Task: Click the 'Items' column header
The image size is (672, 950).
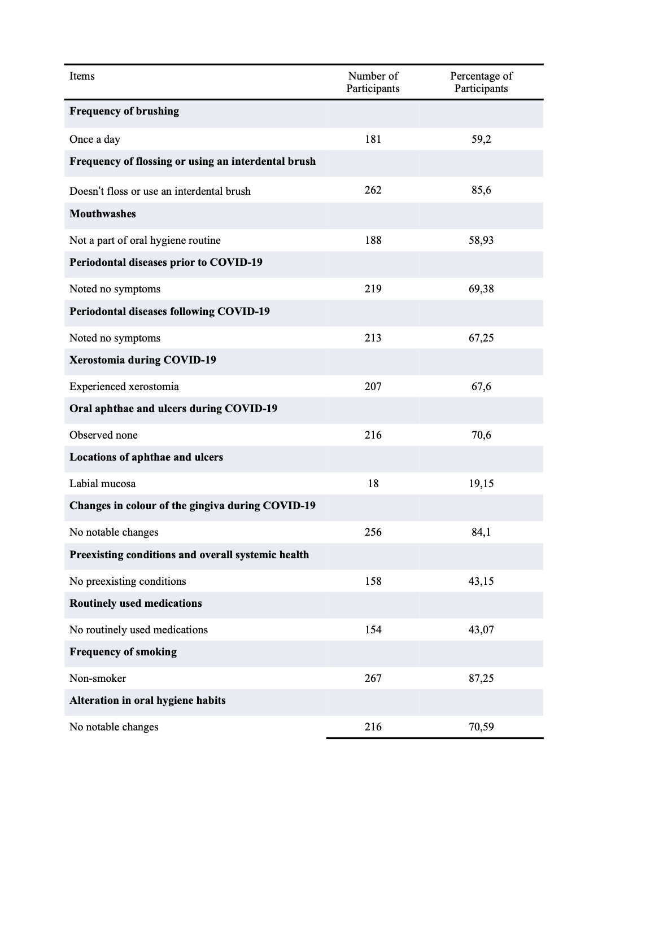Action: tap(82, 76)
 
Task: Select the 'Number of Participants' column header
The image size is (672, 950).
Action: tap(373, 82)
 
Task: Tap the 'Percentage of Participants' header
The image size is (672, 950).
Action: tap(481, 82)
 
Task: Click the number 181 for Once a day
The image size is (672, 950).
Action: tap(373, 139)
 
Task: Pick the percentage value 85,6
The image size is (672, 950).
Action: tap(481, 190)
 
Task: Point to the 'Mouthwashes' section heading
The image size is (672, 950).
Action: tap(103, 214)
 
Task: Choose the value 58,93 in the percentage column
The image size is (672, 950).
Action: tap(481, 240)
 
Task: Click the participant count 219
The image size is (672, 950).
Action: tap(373, 289)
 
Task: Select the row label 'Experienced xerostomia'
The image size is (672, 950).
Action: tap(124, 387)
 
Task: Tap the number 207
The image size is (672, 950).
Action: tap(373, 387)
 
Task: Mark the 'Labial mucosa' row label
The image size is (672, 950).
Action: tap(102, 484)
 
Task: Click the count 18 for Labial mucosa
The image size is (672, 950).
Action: tap(373, 484)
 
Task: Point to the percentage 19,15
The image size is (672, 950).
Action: tap(481, 484)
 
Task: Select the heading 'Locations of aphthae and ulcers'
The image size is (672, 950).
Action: tap(146, 457)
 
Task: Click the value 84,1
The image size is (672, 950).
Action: tap(481, 532)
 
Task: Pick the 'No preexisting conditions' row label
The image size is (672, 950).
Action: tap(128, 581)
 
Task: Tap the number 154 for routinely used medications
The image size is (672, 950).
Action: tap(373, 630)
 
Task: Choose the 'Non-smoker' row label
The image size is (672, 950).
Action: tap(98, 678)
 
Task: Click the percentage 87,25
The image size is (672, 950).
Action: tap(481, 678)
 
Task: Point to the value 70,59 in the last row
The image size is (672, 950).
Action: tap(481, 727)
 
